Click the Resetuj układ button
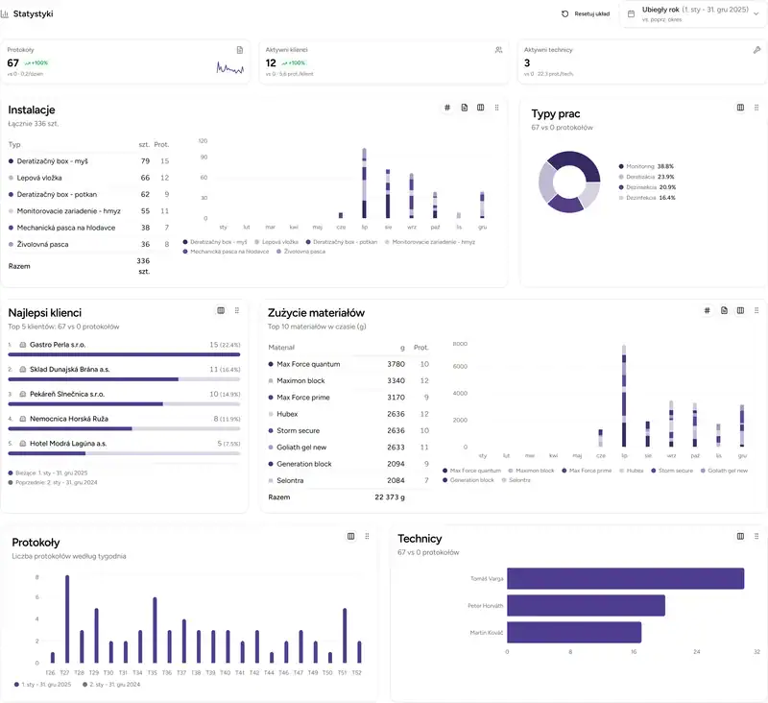tap(586, 14)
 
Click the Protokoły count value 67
tap(13, 63)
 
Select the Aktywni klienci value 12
tap(271, 63)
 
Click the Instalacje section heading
tap(32, 110)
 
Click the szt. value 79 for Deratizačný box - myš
tap(145, 161)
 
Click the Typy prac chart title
tap(556, 114)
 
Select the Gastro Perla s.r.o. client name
tap(59, 344)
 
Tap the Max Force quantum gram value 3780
tap(396, 364)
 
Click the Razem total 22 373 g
tap(389, 497)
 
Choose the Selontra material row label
tap(292, 480)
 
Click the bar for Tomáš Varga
tap(625, 578)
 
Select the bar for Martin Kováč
tap(574, 632)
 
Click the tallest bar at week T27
tap(66, 619)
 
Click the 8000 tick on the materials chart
tap(459, 344)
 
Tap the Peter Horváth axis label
tap(486, 606)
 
